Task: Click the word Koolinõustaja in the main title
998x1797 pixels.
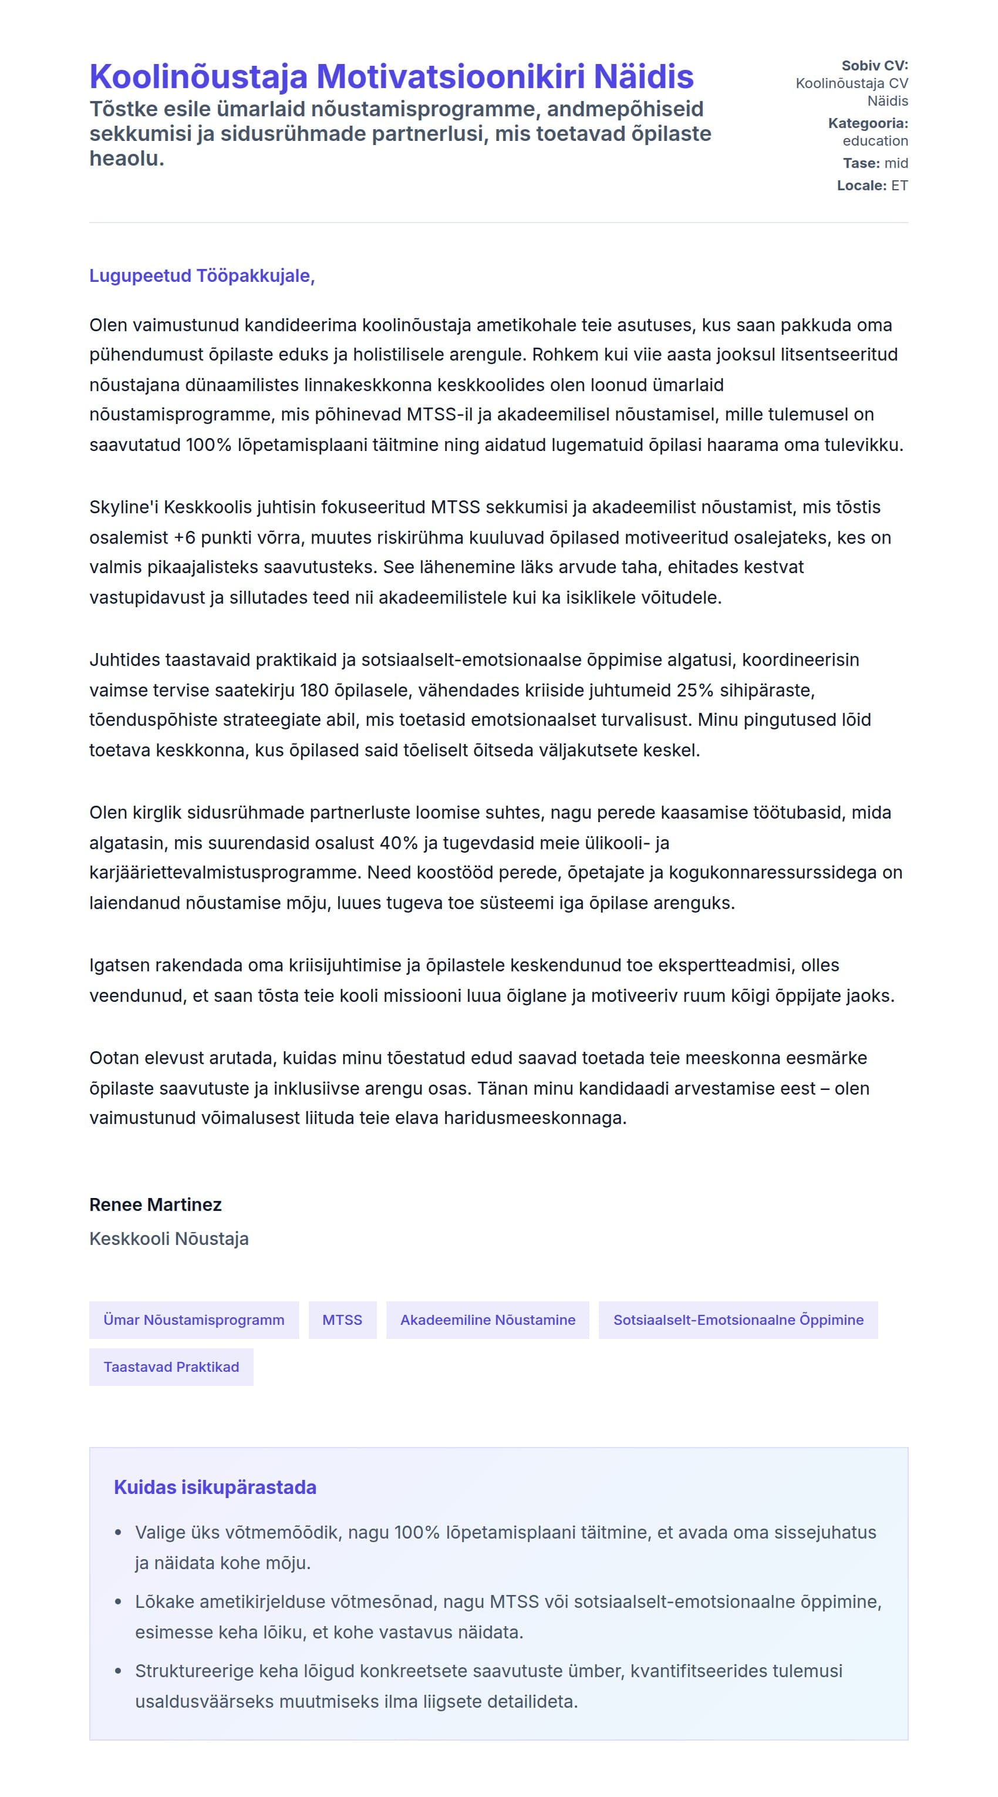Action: pyautogui.click(x=198, y=77)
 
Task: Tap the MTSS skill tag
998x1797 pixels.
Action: pyautogui.click(x=342, y=1320)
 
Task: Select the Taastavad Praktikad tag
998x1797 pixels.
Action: pyautogui.click(x=171, y=1367)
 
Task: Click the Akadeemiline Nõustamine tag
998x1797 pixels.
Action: pyautogui.click(x=487, y=1320)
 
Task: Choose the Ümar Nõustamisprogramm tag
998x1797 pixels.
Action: pyautogui.click(x=194, y=1320)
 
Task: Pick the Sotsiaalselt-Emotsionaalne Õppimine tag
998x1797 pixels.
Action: pyautogui.click(x=738, y=1320)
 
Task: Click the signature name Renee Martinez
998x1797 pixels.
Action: pyautogui.click(x=156, y=1204)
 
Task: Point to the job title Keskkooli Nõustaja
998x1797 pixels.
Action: pyautogui.click(x=168, y=1239)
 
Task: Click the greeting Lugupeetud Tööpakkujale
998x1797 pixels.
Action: pyautogui.click(x=201, y=275)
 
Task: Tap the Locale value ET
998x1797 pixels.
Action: pyautogui.click(x=899, y=186)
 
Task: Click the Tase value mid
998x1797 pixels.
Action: pyautogui.click(x=896, y=163)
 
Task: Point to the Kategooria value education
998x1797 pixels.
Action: pyautogui.click(x=875, y=141)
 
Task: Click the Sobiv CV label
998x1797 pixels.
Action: pyautogui.click(x=875, y=66)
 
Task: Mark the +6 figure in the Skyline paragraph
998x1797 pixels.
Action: pyautogui.click(x=185, y=538)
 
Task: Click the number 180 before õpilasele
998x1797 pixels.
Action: pyautogui.click(x=315, y=691)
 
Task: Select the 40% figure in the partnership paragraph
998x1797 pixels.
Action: pyautogui.click(x=399, y=843)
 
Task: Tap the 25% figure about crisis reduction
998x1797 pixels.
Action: pyautogui.click(x=694, y=691)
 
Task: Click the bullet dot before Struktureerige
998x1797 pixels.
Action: pyautogui.click(x=119, y=1672)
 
